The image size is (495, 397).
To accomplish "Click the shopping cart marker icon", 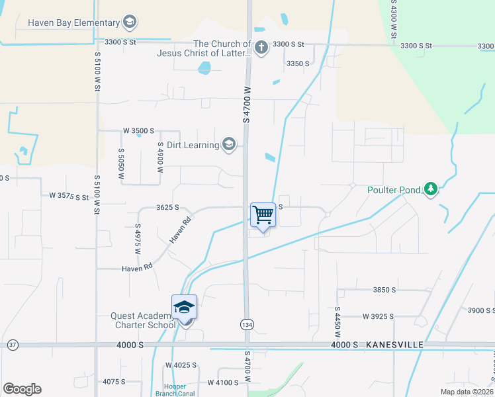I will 263,215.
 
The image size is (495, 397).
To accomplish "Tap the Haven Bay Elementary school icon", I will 130,22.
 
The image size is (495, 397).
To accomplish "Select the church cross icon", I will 261,47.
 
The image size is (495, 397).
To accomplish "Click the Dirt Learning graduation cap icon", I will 229,145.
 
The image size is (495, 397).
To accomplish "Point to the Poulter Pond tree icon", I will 431,190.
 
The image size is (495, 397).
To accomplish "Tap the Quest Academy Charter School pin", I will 185,308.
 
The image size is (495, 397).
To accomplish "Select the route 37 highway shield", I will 12,345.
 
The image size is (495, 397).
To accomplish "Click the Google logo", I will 22,389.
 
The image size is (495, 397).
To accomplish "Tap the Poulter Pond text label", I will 394,191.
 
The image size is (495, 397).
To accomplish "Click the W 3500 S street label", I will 138,131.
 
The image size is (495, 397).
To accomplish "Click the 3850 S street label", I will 384,290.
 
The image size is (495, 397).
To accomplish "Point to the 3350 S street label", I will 298,64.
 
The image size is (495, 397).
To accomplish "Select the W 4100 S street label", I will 222,382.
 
